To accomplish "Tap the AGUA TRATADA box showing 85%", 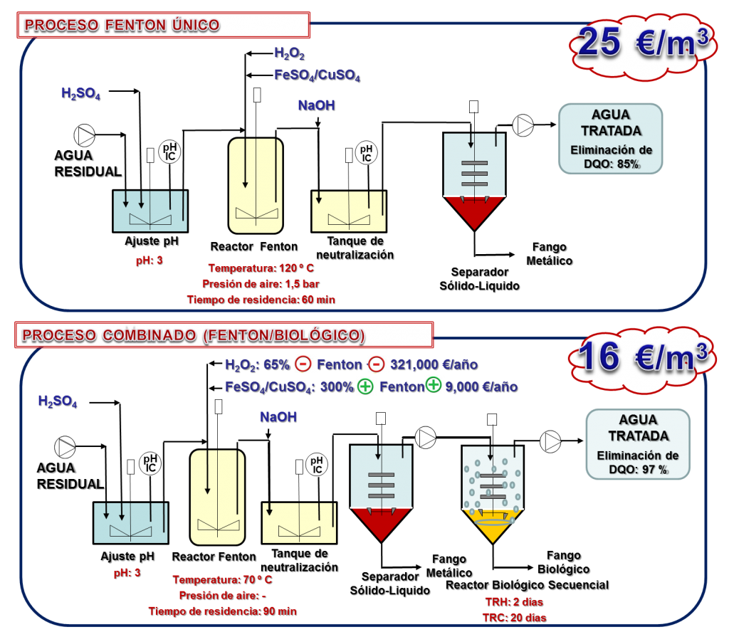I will pyautogui.click(x=611, y=138).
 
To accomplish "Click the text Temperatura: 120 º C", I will pyautogui.click(x=261, y=268).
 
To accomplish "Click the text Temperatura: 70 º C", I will pyautogui.click(x=222, y=579).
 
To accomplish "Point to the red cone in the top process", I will pyautogui.click(x=474, y=212).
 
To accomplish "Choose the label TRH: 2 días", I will pyautogui.click(x=513, y=601).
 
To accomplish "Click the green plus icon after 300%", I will pyautogui.click(x=366, y=386).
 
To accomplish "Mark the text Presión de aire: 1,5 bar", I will pyautogui.click(x=260, y=283).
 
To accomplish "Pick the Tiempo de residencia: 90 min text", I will pyautogui.click(x=222, y=611).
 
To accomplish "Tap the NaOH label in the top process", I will pyautogui.click(x=316, y=105).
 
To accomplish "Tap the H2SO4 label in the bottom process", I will pyautogui.click(x=58, y=401).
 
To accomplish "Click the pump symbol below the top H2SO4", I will pyautogui.click(x=85, y=136).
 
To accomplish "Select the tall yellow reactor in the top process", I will pyautogui.click(x=256, y=185).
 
